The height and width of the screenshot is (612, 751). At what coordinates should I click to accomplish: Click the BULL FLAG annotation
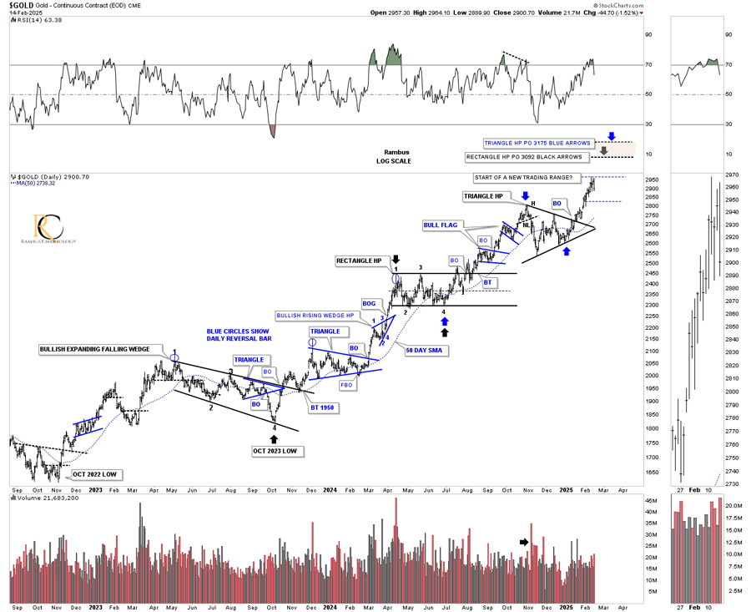click(441, 225)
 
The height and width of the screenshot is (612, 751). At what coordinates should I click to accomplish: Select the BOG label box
click(370, 303)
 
